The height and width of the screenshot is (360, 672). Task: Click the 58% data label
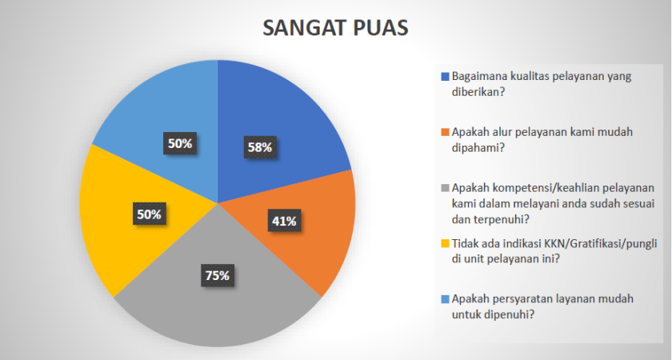point(259,147)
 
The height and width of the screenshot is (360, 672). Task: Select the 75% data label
point(217,276)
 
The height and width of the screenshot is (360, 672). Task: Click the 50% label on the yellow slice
point(148,214)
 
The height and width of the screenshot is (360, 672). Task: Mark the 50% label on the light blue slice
point(178,144)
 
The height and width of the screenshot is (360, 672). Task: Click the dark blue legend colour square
point(444,77)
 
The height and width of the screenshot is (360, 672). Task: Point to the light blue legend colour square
point(444,299)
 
